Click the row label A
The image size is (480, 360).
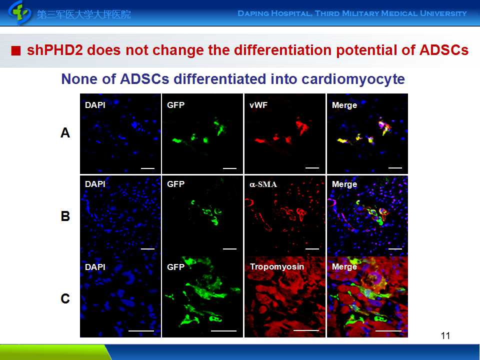tap(65, 133)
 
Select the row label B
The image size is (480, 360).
tap(65, 216)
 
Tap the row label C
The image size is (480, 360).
tap(65, 299)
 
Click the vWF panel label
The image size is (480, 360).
tap(258, 105)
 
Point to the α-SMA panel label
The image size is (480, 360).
tap(263, 184)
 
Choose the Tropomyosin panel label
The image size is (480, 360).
tap(276, 267)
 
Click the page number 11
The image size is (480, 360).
tap(446, 335)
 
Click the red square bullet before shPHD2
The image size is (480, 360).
tap(16, 51)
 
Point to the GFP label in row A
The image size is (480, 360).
tap(176, 105)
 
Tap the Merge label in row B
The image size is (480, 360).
tap(344, 184)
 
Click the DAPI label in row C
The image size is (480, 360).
tap(95, 267)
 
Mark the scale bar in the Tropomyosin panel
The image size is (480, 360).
tap(305, 330)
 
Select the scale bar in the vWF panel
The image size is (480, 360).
tap(312, 167)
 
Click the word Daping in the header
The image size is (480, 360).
tap(255, 13)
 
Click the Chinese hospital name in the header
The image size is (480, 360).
tap(84, 14)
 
